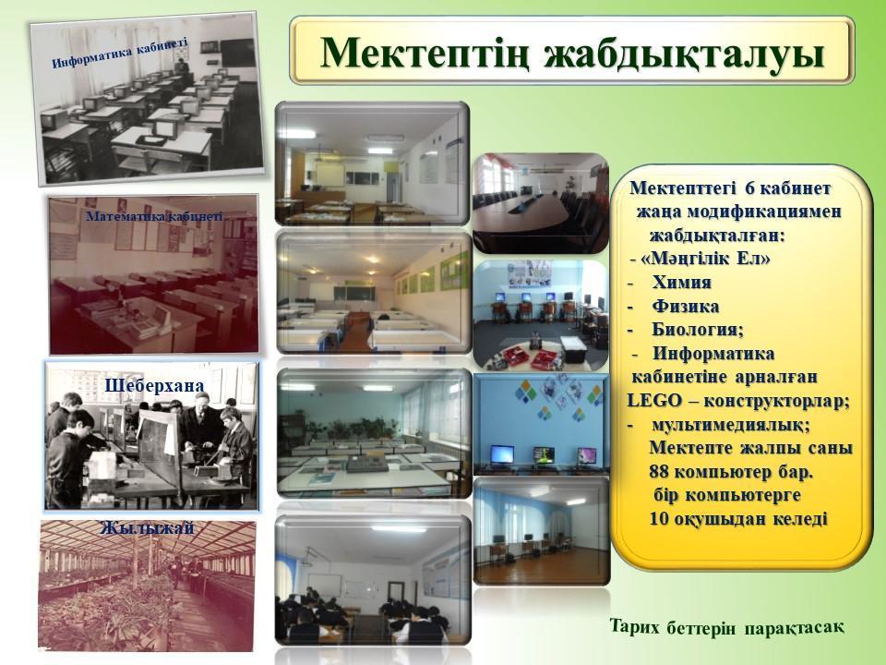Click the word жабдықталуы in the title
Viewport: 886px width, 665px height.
[684, 54]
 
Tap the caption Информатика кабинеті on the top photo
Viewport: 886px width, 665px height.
[119, 54]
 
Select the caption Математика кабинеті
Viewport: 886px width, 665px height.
[154, 216]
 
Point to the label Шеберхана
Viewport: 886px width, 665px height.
[154, 386]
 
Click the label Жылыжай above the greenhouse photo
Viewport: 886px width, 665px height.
[147, 527]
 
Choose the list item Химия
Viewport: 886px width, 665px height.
[681, 282]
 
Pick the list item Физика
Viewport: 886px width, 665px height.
[686, 306]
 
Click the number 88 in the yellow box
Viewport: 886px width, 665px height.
[659, 471]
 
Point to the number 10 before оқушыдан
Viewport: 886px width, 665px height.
[659, 518]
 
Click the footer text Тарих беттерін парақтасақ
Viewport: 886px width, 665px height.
[728, 628]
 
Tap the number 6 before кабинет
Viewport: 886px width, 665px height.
[750, 187]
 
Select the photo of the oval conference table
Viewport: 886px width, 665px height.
[541, 203]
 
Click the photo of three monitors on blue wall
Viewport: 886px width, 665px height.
[542, 423]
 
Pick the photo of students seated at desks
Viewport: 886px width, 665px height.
[373, 580]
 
